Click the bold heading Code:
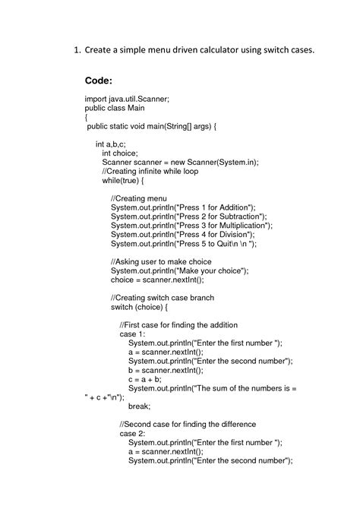pyautogui.click(x=98, y=80)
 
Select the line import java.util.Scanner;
pyautogui.click(x=126, y=100)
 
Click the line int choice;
pyautogui.click(x=120, y=153)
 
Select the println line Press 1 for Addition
pyautogui.click(x=183, y=207)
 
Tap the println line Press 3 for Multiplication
pyautogui.click(x=191, y=226)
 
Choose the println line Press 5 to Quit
pyautogui.click(x=184, y=243)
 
